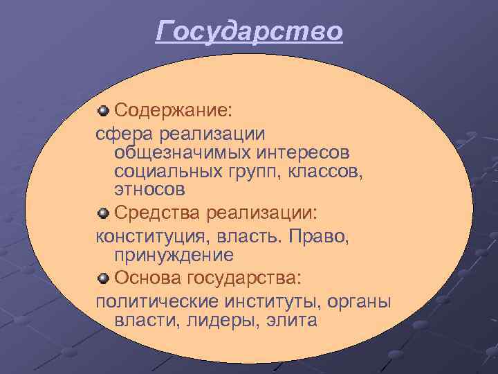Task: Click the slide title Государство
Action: click(249, 32)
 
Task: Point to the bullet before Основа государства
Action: click(103, 278)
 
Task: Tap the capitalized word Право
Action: click(322, 237)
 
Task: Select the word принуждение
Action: click(174, 256)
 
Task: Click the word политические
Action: click(157, 302)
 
